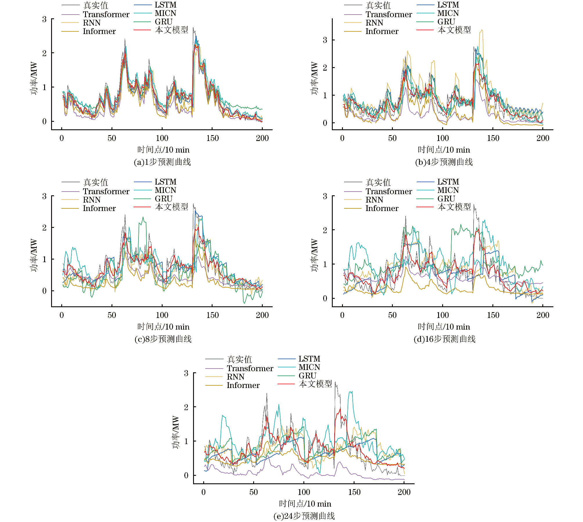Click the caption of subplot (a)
point(162,162)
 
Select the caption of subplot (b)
point(444,162)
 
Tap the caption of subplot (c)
point(163,339)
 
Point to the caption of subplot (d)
point(445,339)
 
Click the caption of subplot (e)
point(304,516)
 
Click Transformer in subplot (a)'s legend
point(106,15)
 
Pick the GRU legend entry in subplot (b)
point(446,22)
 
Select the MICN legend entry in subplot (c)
point(165,190)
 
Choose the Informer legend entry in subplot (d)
point(382,208)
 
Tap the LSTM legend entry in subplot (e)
point(309,359)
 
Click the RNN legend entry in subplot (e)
point(235,377)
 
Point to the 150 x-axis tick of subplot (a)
point(213,138)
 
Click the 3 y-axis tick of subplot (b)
point(325,40)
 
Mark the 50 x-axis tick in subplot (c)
point(112,315)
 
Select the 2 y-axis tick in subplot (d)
point(325,230)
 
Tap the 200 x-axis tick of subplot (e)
point(404,492)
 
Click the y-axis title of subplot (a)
point(34,78)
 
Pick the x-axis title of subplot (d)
point(444,327)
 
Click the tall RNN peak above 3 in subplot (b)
point(482,30)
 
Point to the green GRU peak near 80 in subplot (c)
point(143,217)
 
